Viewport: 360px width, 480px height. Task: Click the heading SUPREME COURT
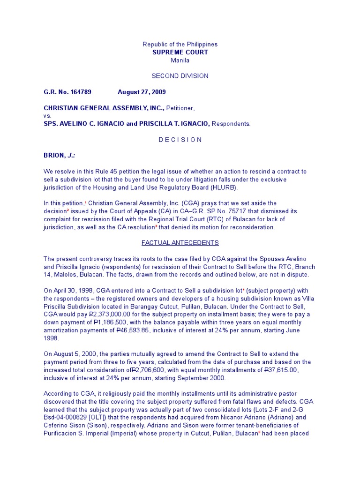[x=180, y=52]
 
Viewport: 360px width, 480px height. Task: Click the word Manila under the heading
[x=180, y=60]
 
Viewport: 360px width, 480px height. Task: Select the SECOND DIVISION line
[x=180, y=76]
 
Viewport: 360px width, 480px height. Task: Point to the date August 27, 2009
[x=142, y=92]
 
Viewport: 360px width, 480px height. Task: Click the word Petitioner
[x=180, y=108]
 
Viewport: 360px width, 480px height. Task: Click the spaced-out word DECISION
[x=180, y=140]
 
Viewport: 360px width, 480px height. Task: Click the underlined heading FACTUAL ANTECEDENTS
[x=180, y=243]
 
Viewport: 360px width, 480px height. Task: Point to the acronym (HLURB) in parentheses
[x=221, y=187]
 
